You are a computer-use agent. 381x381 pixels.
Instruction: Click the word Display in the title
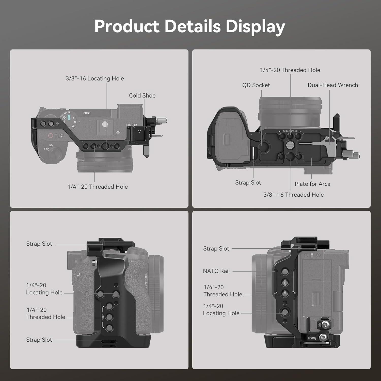(x=255, y=26)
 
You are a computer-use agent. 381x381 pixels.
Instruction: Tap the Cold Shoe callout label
(x=142, y=96)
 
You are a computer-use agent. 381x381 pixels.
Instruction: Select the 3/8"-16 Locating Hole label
(x=95, y=78)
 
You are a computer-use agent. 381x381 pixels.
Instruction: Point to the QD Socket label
(x=256, y=85)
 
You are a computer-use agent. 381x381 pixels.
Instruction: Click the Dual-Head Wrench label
(x=333, y=85)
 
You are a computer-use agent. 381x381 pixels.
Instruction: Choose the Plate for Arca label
(x=312, y=184)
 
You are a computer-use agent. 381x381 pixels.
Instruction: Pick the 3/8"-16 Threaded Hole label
(x=293, y=195)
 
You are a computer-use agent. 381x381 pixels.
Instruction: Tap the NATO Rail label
(x=216, y=271)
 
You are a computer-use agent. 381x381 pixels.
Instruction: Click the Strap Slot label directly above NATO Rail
(x=216, y=249)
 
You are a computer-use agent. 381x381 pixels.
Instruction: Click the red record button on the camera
(x=51, y=135)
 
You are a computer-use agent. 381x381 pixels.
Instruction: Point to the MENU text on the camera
(x=87, y=113)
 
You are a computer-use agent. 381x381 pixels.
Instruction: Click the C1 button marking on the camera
(x=78, y=274)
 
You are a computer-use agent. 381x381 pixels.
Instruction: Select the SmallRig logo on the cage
(x=312, y=338)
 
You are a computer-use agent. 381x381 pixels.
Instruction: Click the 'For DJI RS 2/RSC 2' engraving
(x=290, y=131)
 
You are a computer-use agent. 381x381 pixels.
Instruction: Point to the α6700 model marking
(x=132, y=125)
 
